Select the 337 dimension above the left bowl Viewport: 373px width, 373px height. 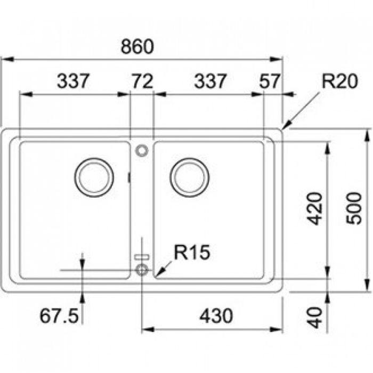pyautogui.click(x=74, y=82)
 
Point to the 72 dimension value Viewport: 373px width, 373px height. pyautogui.click(x=142, y=82)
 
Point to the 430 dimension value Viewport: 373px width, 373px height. pyautogui.click(x=216, y=316)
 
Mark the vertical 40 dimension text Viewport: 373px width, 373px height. pyautogui.click(x=316, y=317)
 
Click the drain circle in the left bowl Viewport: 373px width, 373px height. pyautogui.click(x=94, y=176)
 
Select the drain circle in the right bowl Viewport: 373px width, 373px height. pyautogui.click(x=189, y=176)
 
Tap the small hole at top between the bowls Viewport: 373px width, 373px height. pyautogui.click(x=142, y=150)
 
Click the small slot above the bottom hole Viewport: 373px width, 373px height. pyautogui.click(x=142, y=257)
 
